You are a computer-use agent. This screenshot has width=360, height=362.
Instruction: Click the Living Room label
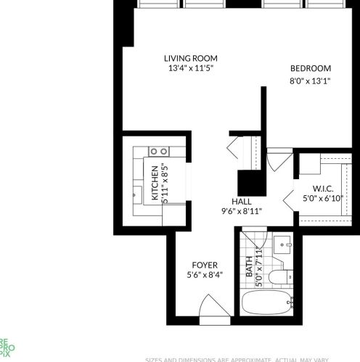coord(190,59)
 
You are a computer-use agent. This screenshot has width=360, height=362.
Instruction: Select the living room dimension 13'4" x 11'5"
coord(190,69)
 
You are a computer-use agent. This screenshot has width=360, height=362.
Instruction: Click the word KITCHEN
coord(155,184)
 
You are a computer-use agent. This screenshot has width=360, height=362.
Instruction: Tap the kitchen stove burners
coord(159,151)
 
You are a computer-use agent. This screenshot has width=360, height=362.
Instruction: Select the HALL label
coord(242,201)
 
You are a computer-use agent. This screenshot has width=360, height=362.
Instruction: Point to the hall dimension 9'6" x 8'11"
coord(242,211)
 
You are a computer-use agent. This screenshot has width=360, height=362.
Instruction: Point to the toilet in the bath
coord(279,277)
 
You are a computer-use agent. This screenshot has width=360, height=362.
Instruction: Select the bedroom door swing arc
coord(279,160)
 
